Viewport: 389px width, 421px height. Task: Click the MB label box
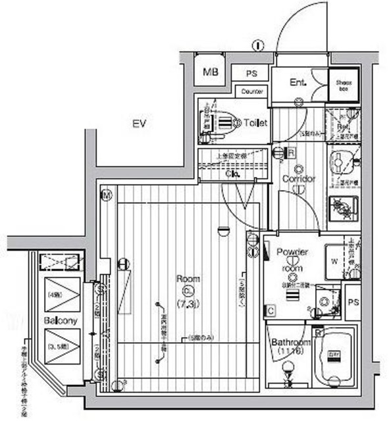click(x=211, y=72)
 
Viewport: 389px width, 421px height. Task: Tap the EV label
click(x=139, y=124)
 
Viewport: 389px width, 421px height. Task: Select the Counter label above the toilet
click(x=253, y=91)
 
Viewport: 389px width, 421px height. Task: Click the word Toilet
click(x=254, y=122)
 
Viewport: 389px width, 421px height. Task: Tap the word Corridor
click(x=299, y=179)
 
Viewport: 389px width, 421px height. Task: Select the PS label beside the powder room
click(x=351, y=304)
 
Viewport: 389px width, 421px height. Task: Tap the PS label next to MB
click(x=251, y=74)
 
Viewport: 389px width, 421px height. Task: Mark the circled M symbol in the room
click(x=106, y=195)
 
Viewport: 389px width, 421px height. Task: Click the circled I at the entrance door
click(x=258, y=45)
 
